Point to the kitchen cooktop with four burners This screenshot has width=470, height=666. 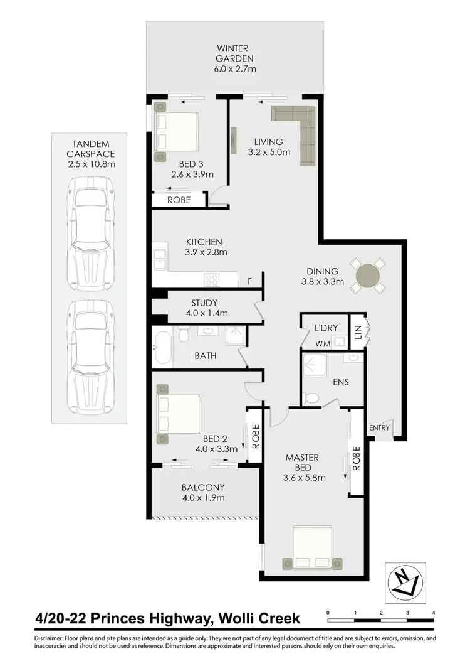coord(212,281)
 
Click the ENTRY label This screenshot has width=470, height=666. coord(380,428)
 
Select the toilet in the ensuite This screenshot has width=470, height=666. coord(310,397)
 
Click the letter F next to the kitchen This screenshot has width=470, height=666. coord(249,281)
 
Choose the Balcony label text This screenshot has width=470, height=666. coord(203,487)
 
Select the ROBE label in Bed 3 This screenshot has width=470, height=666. coord(179,200)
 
